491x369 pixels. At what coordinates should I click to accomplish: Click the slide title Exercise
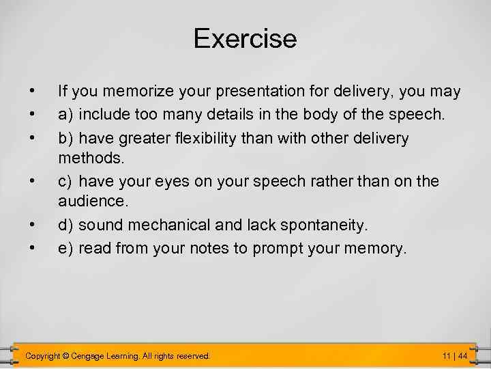245,38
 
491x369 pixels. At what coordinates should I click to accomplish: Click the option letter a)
66,115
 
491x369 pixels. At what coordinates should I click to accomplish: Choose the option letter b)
66,139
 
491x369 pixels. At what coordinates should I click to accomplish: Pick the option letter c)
65,181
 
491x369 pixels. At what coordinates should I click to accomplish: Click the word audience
92,201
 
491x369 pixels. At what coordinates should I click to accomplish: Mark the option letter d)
66,225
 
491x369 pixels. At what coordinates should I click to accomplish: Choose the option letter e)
66,248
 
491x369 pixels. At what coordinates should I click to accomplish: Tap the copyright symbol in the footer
65,356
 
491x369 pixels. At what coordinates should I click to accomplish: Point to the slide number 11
447,356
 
